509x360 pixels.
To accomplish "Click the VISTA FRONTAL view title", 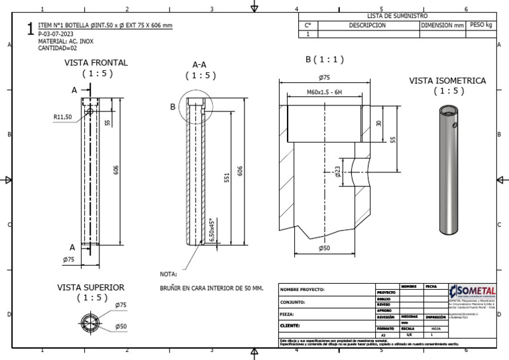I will coord(96,62).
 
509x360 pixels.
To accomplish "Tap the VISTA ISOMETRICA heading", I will coord(447,80).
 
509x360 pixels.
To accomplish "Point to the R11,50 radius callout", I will coord(62,117).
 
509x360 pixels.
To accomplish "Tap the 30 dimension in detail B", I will coord(379,123).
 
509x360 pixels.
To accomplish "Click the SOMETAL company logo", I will coord(472,291).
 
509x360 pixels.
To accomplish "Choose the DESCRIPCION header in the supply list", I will coord(367,25).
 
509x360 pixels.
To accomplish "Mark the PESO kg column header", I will coord(481,25).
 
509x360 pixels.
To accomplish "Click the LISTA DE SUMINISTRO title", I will coord(397,16).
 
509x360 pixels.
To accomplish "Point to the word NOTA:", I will coord(168,274).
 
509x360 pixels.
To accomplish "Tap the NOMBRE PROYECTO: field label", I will coord(302,290).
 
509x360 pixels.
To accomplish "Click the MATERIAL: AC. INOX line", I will coord(66,40).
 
